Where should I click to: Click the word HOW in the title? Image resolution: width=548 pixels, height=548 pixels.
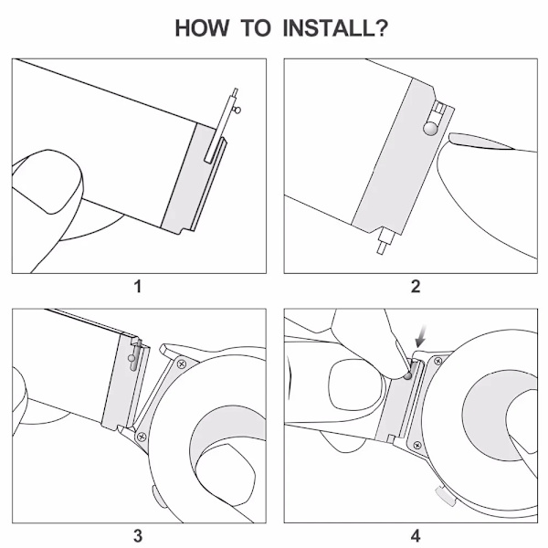click(x=202, y=28)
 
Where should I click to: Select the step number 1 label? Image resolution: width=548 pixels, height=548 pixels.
click(x=138, y=287)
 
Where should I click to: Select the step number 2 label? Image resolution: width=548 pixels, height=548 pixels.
click(x=416, y=287)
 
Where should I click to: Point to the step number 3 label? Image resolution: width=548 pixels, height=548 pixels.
click(x=138, y=536)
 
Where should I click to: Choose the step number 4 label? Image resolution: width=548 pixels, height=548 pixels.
click(x=416, y=536)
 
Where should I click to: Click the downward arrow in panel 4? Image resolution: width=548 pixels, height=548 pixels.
click(x=421, y=336)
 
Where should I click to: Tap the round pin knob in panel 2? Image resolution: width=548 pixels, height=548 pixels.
click(x=430, y=128)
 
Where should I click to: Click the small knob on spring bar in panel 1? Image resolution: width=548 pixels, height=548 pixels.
click(x=237, y=111)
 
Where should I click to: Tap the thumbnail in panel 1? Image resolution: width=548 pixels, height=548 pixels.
click(x=47, y=181)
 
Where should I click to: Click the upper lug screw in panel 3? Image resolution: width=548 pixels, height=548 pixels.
click(x=182, y=364)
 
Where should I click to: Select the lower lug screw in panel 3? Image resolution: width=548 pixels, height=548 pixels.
click(x=142, y=437)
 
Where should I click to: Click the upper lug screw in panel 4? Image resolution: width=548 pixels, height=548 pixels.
click(x=437, y=361)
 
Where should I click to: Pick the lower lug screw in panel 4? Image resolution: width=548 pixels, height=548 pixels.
click(x=417, y=446)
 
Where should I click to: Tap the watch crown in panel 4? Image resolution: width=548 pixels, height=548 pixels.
click(x=446, y=496)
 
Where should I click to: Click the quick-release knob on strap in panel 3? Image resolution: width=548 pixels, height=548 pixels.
click(x=131, y=358)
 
